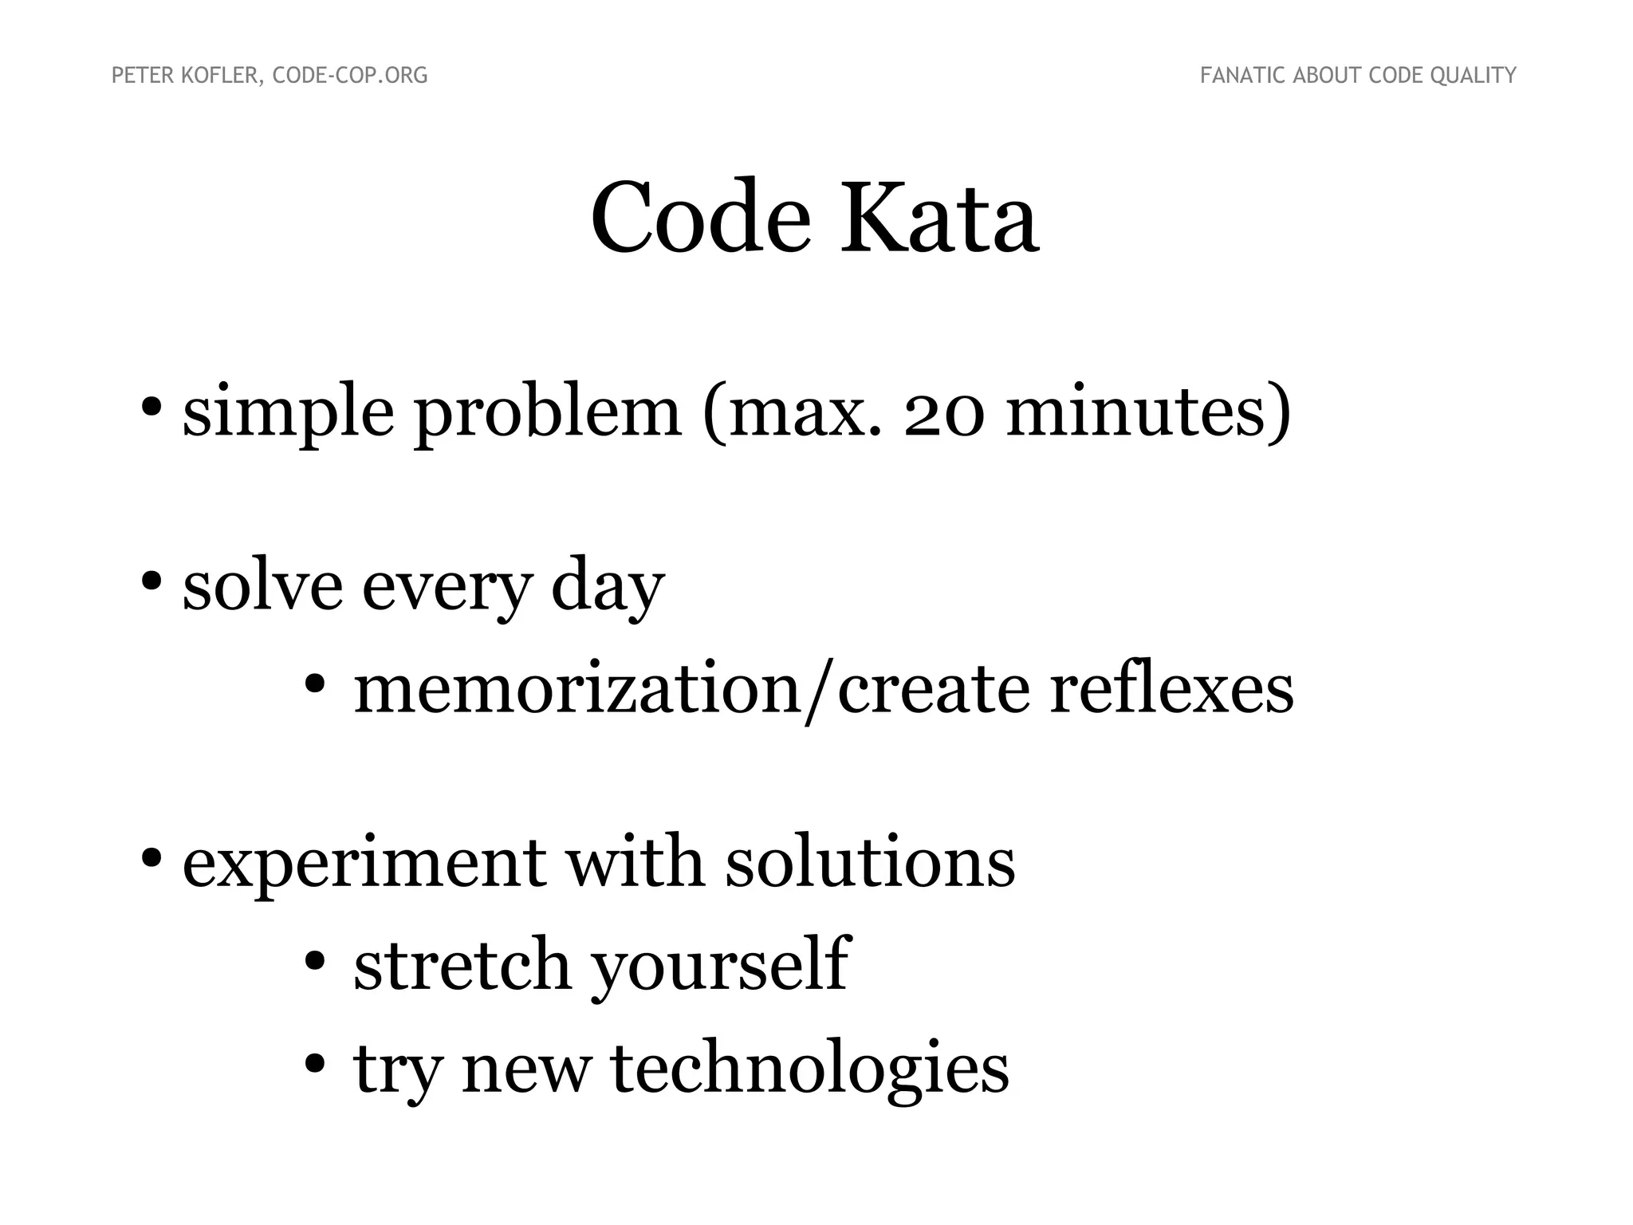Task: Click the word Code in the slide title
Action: point(700,219)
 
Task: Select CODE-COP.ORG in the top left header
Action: point(350,76)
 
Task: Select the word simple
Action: point(288,415)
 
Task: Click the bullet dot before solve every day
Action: point(151,580)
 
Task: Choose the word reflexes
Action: point(1171,689)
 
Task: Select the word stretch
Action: point(462,965)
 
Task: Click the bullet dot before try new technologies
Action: point(315,1063)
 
